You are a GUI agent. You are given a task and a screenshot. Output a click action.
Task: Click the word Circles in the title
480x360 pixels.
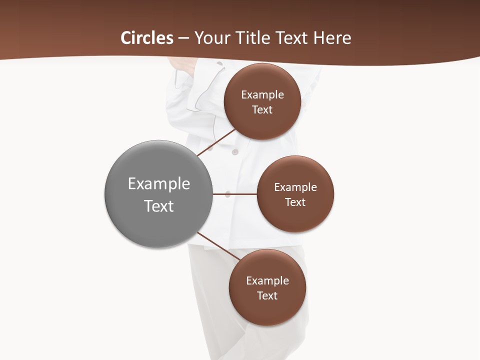pyautogui.click(x=147, y=37)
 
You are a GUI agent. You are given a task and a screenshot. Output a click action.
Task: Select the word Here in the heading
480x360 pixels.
pyautogui.click(x=332, y=37)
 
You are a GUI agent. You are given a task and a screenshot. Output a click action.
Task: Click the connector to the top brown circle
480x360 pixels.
pyautogui.click(x=216, y=143)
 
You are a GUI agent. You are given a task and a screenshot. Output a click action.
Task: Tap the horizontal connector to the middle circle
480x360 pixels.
pyautogui.click(x=235, y=194)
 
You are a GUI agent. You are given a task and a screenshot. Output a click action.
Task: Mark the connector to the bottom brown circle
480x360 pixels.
pyautogui.click(x=218, y=246)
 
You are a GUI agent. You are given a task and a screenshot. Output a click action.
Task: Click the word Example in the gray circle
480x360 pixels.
pyautogui.click(x=159, y=183)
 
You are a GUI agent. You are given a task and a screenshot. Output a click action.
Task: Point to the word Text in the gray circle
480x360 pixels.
pyautogui.click(x=159, y=205)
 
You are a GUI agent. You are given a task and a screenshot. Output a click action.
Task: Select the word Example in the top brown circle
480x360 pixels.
pyautogui.click(x=262, y=94)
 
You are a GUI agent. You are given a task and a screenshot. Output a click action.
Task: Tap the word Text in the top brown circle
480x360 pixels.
pyautogui.click(x=262, y=109)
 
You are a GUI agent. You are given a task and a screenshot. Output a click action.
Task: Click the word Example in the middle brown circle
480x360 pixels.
pyautogui.click(x=295, y=187)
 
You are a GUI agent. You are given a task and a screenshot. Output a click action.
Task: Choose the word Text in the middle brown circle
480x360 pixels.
pyautogui.click(x=295, y=202)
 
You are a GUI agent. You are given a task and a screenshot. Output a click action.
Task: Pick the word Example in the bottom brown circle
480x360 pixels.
pyautogui.click(x=267, y=280)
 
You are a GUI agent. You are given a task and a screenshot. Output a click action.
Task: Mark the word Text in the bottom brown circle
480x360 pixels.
pyautogui.click(x=267, y=295)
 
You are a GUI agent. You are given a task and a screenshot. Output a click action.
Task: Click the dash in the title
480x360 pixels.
pyautogui.click(x=183, y=38)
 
